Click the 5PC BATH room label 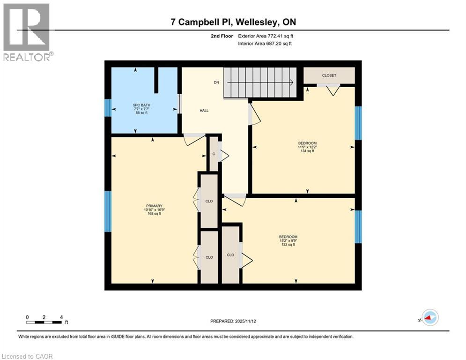pos(135,105)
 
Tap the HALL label pos(204,111)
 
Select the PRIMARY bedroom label pos(154,206)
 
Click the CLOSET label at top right pos(329,75)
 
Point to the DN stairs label pos(216,82)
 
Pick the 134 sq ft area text pos(307,152)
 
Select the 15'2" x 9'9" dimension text pos(288,240)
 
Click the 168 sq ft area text pos(154,214)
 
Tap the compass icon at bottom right pos(429,318)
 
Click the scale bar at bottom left pos(44,322)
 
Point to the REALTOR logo pos(27,32)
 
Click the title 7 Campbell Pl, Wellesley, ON pos(233,22)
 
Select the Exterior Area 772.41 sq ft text pos(265,36)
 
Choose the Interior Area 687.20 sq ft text pos(265,44)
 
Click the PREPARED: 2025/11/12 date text pos(233,321)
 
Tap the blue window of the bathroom pos(108,108)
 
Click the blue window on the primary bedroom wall pos(108,211)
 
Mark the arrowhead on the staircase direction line pos(291,82)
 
